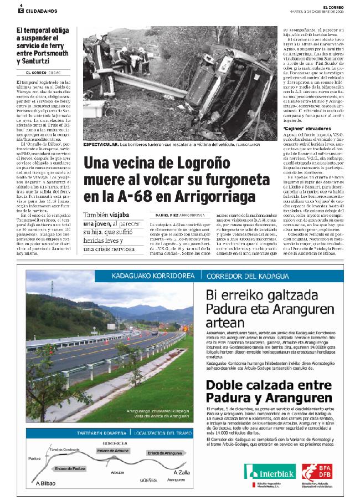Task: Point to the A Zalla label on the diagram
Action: coord(182,472)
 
